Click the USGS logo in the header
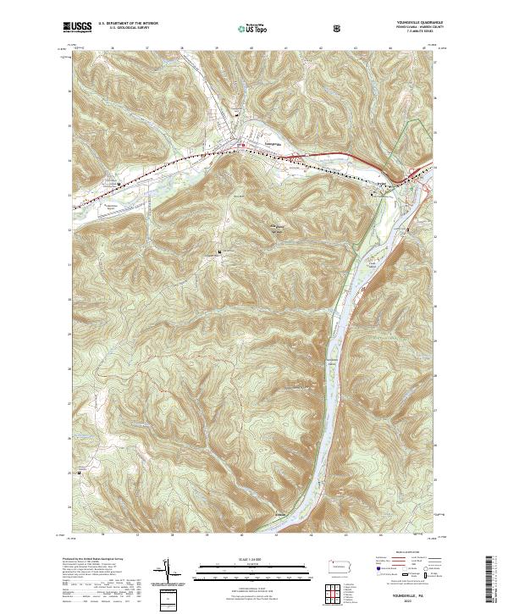pos(77,27)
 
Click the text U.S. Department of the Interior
pos(129,24)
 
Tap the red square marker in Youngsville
pos(244,145)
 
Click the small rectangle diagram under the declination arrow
pos(168,595)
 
